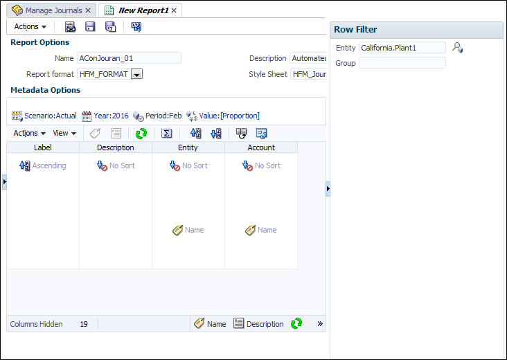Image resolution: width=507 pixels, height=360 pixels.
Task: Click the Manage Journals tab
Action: [x=51, y=10]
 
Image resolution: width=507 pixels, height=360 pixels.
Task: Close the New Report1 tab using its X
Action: [x=174, y=10]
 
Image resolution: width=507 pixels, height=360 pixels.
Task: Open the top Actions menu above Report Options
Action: [x=30, y=26]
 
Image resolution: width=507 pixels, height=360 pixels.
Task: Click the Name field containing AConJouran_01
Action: [x=128, y=58]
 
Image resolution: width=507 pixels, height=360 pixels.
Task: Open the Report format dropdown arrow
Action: [x=136, y=74]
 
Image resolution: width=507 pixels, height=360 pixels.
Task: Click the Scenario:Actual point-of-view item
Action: [x=44, y=116]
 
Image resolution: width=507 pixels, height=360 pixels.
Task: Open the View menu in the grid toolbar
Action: [x=64, y=133]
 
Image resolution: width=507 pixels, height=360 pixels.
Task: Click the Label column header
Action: [x=43, y=147]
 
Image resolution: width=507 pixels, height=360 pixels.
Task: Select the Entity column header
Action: [x=188, y=147]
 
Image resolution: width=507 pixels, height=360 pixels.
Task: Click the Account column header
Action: [x=261, y=147]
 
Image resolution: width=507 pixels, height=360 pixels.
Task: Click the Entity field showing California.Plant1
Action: [x=402, y=48]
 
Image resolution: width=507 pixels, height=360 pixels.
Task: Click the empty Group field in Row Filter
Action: [x=402, y=63]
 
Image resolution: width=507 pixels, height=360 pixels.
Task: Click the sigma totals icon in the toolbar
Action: [x=166, y=134]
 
